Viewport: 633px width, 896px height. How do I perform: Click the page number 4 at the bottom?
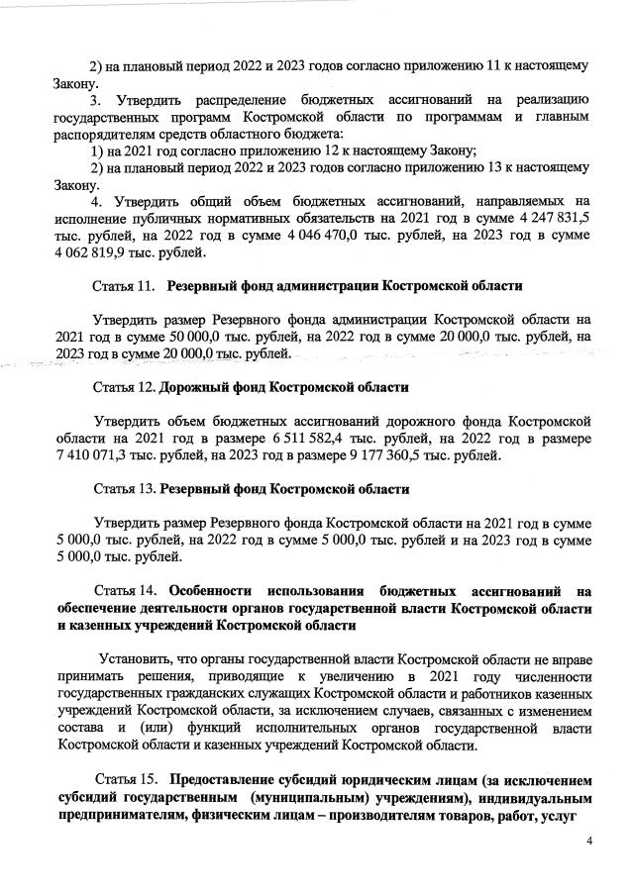(x=588, y=841)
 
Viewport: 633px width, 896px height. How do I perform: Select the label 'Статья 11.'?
(x=126, y=286)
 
